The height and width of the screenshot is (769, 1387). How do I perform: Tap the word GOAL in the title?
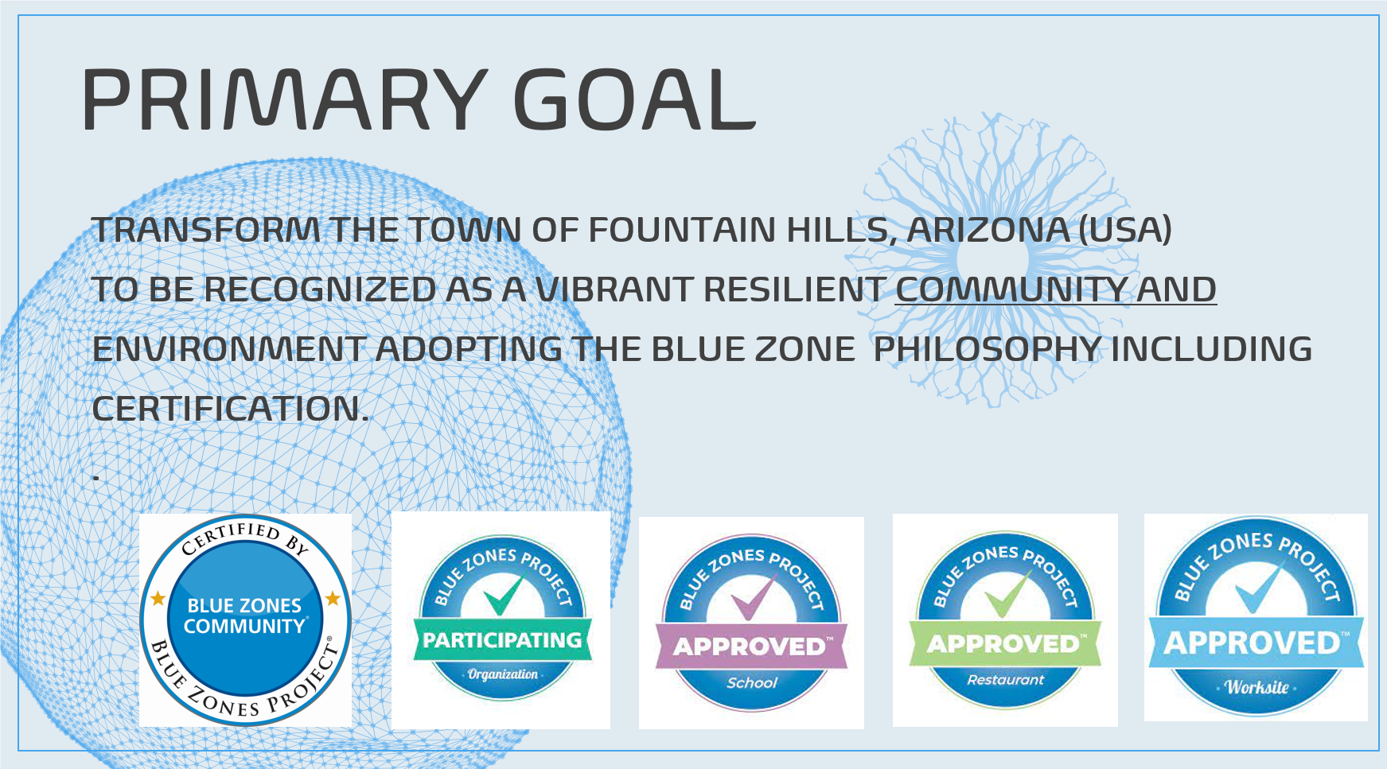[x=634, y=99]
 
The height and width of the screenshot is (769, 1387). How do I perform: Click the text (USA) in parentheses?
[x=1124, y=230]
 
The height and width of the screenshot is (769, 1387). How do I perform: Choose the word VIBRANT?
[x=614, y=289]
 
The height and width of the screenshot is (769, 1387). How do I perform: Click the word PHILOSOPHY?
[x=987, y=349]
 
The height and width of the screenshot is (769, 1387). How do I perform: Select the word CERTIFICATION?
[x=230, y=409]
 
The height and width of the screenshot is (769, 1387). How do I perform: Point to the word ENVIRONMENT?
[x=228, y=349]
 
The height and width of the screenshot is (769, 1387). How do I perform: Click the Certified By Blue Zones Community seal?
[x=245, y=619]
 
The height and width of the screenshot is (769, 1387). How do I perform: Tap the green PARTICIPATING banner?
[x=502, y=640]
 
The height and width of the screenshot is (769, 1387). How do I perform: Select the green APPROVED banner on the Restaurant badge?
[x=1005, y=643]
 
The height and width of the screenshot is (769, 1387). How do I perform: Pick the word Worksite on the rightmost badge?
[x=1256, y=687]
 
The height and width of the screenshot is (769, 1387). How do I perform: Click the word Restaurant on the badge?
[x=1005, y=680]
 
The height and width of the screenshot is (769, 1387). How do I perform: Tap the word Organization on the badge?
[x=502, y=674]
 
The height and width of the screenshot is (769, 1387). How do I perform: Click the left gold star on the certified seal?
[x=158, y=598]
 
